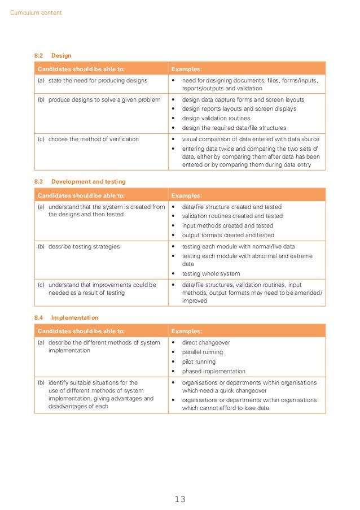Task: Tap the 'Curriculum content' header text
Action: coord(36,12)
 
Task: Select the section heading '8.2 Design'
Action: coord(52,56)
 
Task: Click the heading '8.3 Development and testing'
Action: coord(80,182)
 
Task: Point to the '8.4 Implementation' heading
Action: coord(66,318)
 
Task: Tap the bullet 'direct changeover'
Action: coord(206,342)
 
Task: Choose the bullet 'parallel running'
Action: coord(203,352)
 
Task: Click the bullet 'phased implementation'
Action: coord(213,371)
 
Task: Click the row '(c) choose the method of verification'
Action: coord(93,139)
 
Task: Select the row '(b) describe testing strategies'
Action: coord(84,246)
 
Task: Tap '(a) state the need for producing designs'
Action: coord(96,80)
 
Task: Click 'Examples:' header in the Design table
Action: coord(186,69)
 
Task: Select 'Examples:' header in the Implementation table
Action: coord(186,331)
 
